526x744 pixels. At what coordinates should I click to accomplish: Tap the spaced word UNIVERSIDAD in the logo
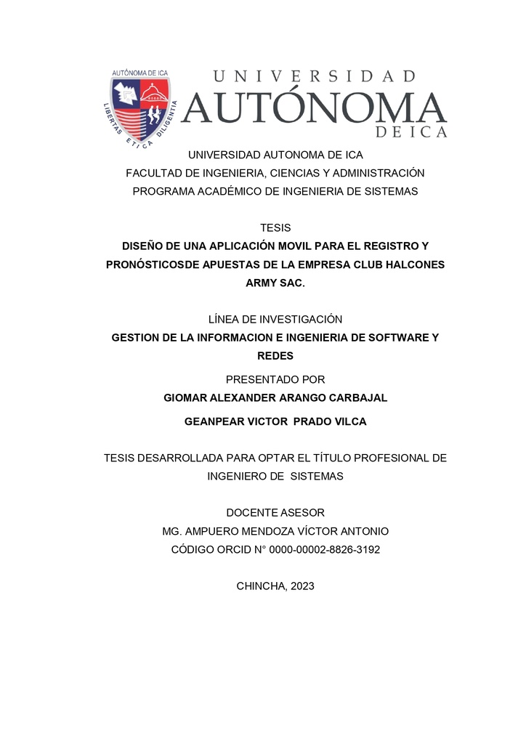coord(315,76)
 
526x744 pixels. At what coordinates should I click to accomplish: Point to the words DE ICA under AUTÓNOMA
coord(411,132)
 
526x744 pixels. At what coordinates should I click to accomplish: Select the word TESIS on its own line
coord(275,228)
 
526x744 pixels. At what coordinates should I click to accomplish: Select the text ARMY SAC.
coord(275,283)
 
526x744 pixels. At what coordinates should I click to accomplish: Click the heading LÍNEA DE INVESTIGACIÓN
coord(275,320)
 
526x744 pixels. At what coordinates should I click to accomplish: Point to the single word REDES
coord(275,356)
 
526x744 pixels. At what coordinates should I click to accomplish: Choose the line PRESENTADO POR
coord(275,380)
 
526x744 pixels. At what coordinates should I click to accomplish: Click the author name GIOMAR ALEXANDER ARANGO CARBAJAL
coord(275,398)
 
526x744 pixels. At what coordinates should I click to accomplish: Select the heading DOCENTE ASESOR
coord(275,513)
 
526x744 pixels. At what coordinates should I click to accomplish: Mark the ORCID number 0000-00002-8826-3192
coord(325,550)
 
